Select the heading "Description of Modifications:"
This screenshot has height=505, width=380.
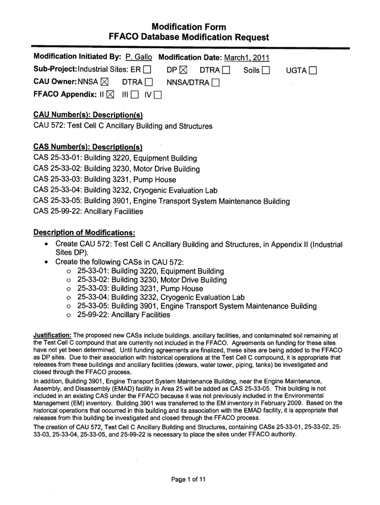(84, 232)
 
